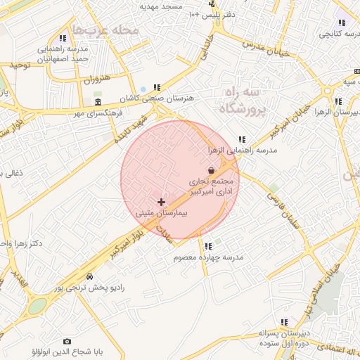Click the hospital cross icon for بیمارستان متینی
(162, 202)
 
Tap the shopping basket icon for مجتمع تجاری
(212, 169)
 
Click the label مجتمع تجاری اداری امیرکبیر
(215, 186)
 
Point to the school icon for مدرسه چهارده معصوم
(208, 246)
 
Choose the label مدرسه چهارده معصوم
(210, 257)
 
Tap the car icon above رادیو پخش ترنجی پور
(89, 276)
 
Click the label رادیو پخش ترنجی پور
(89, 288)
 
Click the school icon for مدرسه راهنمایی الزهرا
(242, 139)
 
